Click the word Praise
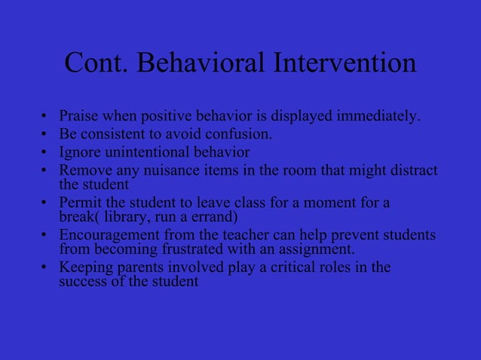(78, 117)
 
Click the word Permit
(78, 203)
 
